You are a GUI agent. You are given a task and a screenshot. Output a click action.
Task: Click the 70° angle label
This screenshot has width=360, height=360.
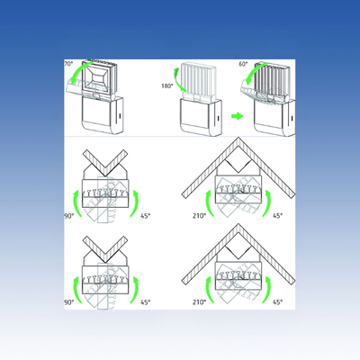click(68, 64)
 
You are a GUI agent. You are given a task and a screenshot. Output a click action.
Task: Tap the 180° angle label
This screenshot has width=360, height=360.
click(167, 86)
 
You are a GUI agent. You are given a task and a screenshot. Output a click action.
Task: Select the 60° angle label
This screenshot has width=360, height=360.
click(244, 64)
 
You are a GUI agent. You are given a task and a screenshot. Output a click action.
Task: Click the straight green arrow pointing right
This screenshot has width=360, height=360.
click(238, 116)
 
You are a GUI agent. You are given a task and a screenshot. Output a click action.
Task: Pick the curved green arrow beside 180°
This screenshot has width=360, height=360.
click(177, 78)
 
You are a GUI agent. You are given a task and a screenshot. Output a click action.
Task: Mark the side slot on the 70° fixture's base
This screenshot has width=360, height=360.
click(120, 116)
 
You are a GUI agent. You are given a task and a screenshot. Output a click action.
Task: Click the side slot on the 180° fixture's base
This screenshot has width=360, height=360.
click(218, 119)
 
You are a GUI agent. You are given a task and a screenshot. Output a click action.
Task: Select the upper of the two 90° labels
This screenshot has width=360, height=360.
click(69, 216)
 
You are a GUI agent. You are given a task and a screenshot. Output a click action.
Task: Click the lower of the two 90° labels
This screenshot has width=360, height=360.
click(69, 302)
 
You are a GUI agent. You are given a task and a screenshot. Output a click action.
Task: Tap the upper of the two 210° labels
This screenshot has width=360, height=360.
click(200, 215)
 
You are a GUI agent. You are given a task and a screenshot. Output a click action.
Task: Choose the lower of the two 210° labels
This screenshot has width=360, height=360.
click(200, 301)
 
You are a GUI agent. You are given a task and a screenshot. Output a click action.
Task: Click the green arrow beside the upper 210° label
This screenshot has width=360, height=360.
click(209, 203)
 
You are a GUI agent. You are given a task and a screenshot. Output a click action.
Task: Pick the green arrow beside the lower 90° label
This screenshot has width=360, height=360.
click(77, 290)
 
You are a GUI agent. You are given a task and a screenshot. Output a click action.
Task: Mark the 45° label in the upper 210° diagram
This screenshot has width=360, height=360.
click(278, 215)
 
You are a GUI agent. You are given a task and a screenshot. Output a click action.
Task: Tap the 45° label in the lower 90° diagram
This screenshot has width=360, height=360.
click(146, 302)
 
